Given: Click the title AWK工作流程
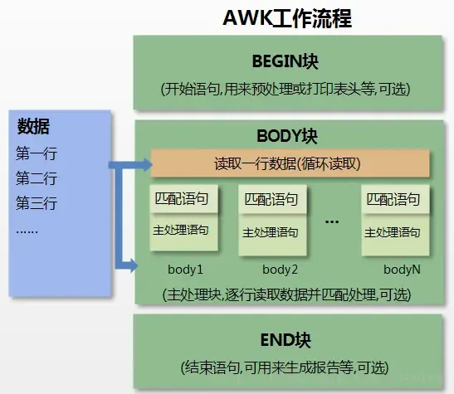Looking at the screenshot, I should click(286, 19).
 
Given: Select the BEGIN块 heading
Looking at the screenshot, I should click(286, 62).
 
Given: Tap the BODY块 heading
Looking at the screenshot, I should click(287, 135).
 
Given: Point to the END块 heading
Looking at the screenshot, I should click(287, 340).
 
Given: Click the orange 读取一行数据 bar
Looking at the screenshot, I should click(287, 163).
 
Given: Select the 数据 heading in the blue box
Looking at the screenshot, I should click(34, 127).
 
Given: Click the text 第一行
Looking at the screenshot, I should click(37, 153).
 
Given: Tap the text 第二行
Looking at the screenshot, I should click(37, 178).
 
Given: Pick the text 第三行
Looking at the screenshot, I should click(37, 203).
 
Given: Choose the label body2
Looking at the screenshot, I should click(280, 270).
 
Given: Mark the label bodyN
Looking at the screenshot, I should click(402, 270).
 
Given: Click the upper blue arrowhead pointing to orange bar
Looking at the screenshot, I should click(143, 163).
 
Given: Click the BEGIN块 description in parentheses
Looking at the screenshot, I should click(286, 89).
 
